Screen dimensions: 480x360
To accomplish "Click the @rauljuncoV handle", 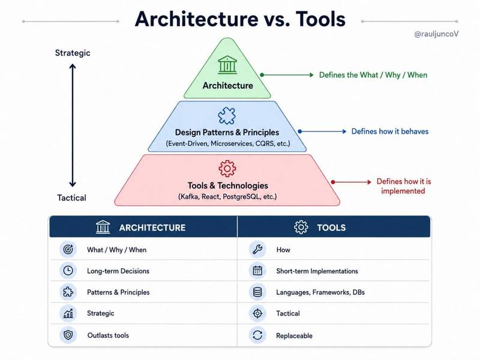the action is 436,34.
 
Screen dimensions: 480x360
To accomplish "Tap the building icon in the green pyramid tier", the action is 227,65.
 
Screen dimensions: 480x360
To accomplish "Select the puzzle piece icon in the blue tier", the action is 227,116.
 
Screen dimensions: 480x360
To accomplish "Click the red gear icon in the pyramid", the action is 227,169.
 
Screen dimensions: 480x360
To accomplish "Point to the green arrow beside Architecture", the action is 287,74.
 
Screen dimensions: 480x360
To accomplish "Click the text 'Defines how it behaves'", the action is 389,131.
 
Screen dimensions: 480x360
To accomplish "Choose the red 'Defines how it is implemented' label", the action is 403,186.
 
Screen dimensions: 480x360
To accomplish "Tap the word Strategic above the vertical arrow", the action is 73,53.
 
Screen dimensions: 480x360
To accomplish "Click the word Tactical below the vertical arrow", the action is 71,198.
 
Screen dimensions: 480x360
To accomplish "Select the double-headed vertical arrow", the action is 73,125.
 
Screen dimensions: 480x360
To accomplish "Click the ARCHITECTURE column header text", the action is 152,228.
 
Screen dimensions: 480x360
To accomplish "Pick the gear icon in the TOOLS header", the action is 301,227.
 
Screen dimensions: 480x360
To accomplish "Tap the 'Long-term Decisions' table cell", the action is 118,271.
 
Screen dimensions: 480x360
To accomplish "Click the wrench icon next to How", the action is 257,250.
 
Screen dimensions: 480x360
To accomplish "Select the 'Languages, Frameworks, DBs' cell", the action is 320,292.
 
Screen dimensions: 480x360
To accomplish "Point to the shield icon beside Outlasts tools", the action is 68,335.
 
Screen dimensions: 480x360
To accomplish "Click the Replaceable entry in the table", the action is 294,336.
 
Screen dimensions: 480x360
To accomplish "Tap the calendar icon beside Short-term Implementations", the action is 257,271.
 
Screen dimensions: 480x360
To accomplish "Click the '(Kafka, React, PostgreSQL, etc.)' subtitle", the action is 227,197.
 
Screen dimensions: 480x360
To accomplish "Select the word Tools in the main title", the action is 320,19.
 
